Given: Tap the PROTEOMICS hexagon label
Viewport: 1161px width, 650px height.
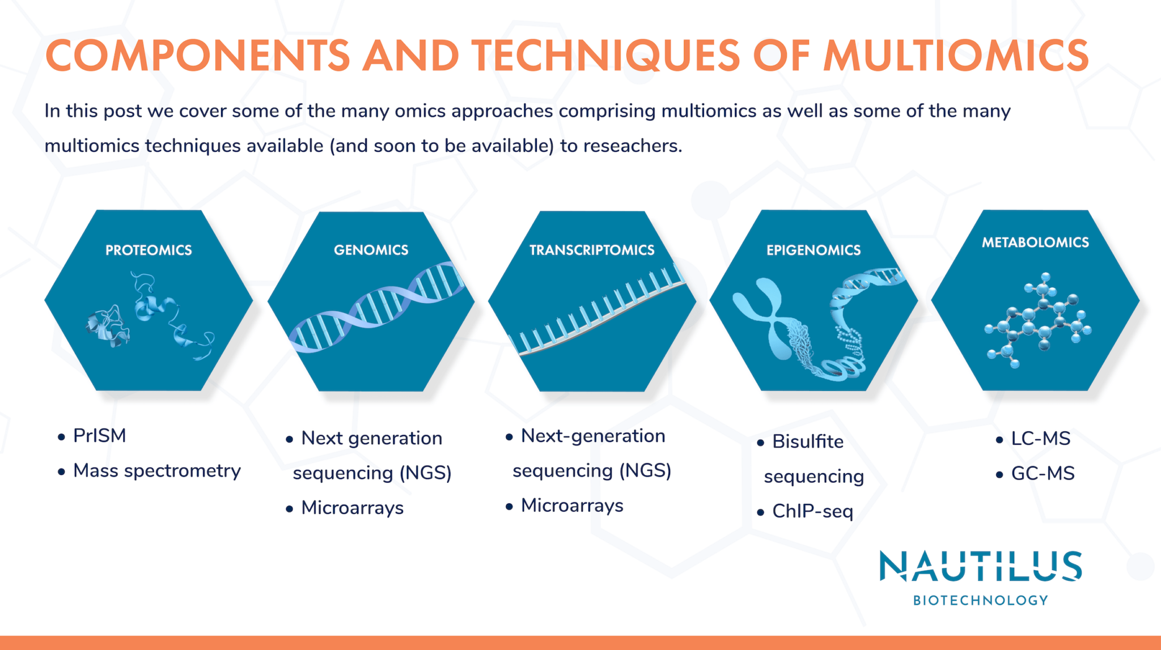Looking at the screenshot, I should tap(149, 250).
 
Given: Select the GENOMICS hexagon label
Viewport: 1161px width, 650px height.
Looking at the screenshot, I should tap(371, 250).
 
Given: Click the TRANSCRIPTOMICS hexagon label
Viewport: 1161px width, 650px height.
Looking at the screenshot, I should tap(592, 250).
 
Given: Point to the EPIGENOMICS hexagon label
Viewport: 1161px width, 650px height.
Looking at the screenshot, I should tap(813, 250).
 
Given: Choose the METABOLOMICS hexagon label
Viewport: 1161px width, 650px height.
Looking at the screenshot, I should tap(1035, 243).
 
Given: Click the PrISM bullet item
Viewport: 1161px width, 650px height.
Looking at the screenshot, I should tap(100, 436).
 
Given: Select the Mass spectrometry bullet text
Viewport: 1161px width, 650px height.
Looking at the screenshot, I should tap(157, 471).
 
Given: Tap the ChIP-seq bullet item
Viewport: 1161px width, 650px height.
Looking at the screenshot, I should tap(812, 511).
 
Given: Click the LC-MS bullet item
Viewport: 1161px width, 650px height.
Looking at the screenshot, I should tap(1040, 439).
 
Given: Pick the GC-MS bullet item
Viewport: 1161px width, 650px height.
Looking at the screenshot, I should tap(1043, 474).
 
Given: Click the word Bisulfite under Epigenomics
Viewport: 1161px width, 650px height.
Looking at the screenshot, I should tap(807, 441).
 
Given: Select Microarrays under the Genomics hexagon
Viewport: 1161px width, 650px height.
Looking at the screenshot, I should tap(352, 508).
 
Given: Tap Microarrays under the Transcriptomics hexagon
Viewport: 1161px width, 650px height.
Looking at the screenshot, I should tap(572, 505).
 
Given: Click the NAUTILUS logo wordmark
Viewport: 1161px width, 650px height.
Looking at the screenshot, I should tap(980, 567).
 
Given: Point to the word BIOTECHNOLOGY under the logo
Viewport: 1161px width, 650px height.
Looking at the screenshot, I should tap(980, 601).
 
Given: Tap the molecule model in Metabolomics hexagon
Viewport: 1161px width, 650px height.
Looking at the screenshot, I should tap(1037, 320).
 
